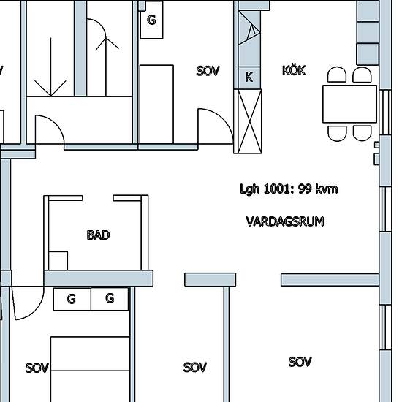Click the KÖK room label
(294, 70)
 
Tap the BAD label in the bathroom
(98, 235)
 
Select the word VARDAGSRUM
(285, 221)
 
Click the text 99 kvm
(318, 189)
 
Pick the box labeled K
(249, 77)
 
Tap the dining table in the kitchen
(349, 104)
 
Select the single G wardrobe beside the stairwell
(151, 20)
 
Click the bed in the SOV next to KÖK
(156, 105)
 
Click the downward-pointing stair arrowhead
(50, 88)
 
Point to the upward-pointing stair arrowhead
(106, 44)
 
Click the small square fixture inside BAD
(58, 261)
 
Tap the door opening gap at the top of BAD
(98, 198)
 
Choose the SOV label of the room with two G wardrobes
(37, 368)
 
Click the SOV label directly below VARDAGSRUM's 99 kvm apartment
(300, 362)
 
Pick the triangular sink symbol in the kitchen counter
(249, 28)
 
